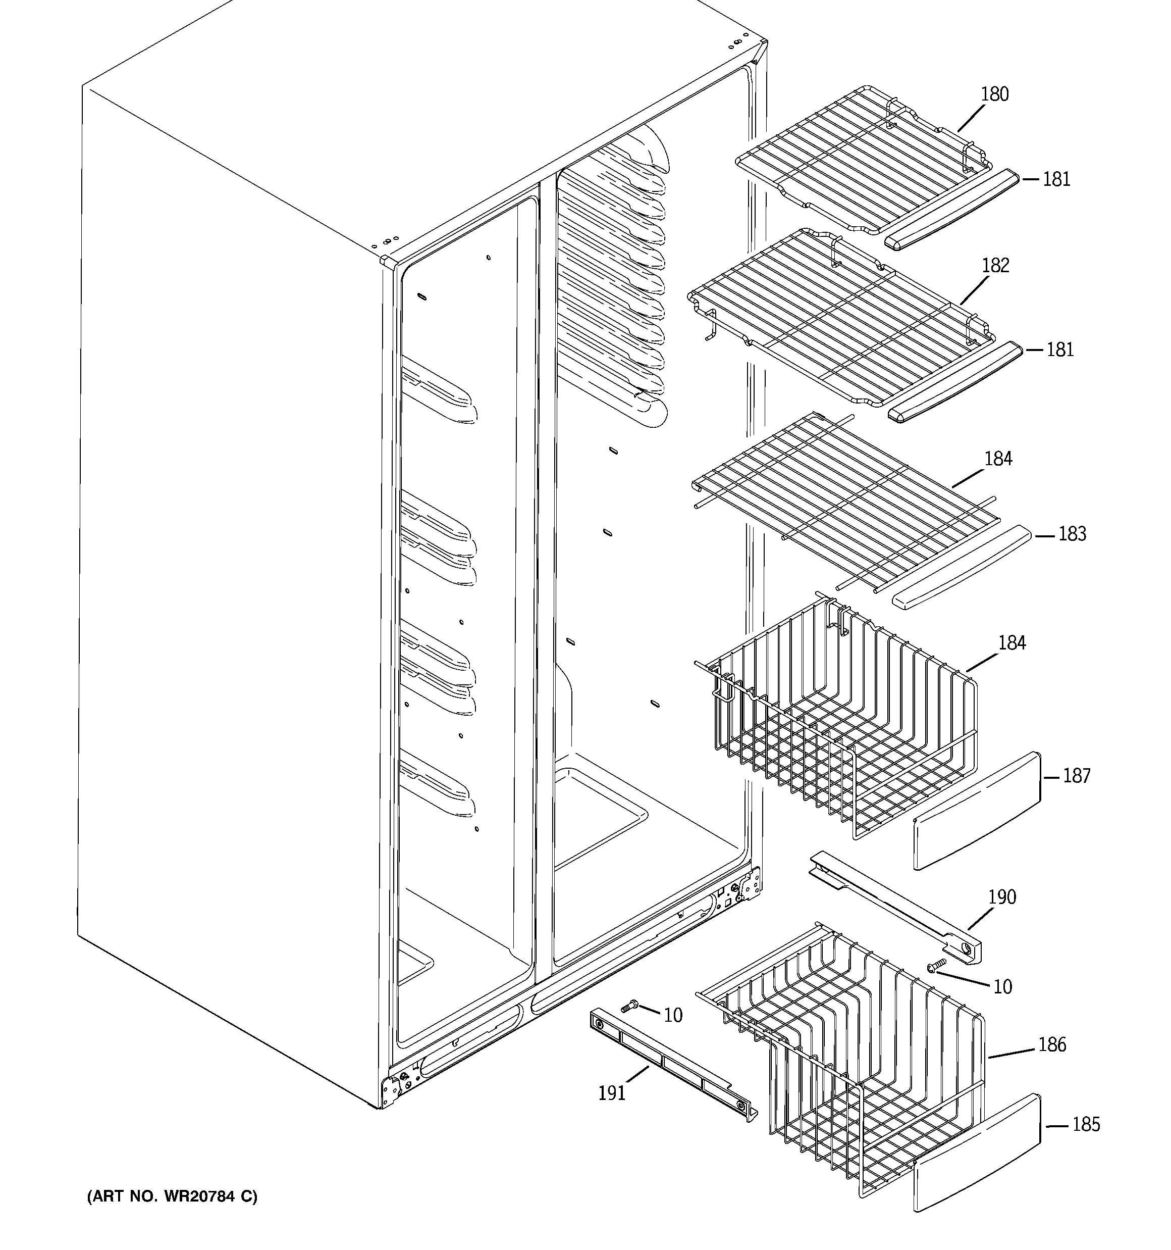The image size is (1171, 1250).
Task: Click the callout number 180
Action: (994, 94)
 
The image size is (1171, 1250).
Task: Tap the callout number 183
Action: (1072, 534)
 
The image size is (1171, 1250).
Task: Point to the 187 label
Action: (1076, 776)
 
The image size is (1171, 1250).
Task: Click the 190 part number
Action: (1001, 896)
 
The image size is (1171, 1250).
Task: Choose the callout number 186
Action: (1051, 1044)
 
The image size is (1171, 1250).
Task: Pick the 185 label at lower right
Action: (1086, 1124)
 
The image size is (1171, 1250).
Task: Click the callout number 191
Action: (612, 1093)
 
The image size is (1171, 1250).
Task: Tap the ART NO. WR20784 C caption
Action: (172, 1196)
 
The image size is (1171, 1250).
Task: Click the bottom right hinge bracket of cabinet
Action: (749, 885)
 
